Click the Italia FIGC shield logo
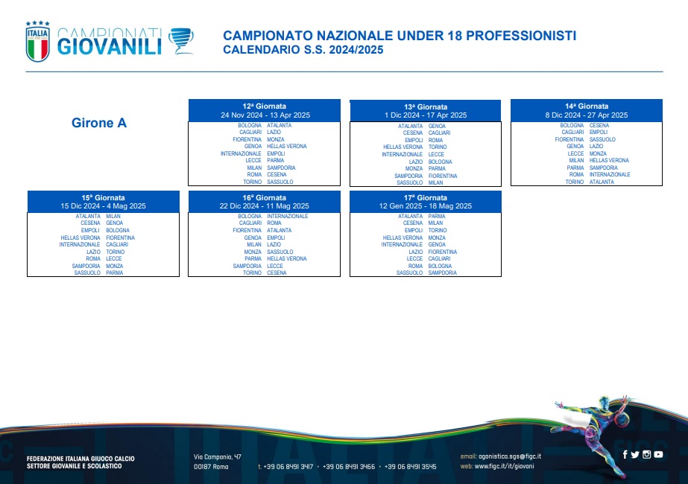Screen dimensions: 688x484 tap(38, 42)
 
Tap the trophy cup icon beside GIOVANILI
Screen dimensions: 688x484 tap(181, 41)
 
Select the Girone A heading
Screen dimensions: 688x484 tap(99, 123)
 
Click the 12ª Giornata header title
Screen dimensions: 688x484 tap(264, 106)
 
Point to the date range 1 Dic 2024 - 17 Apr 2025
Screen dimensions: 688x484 tap(426, 115)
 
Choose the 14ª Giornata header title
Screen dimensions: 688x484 tap(587, 106)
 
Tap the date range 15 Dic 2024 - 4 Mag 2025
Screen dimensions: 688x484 tap(103, 206)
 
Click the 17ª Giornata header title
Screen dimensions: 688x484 tap(426, 198)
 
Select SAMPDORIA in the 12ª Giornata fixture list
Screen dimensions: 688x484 tap(281, 168)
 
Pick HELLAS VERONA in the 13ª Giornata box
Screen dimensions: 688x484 tap(403, 147)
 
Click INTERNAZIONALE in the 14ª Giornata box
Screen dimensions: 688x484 tap(610, 174)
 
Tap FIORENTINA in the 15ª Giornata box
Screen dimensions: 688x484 tap(120, 238)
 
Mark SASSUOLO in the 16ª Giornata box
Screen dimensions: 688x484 tap(280, 252)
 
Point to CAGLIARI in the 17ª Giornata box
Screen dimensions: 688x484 tap(439, 258)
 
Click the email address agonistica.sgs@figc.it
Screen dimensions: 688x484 tap(510, 456)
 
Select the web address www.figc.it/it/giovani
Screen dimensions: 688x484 tap(504, 466)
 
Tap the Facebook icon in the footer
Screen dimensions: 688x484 tap(625, 455)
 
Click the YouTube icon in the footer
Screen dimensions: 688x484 tap(658, 455)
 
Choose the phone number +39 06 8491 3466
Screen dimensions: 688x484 tap(349, 466)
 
